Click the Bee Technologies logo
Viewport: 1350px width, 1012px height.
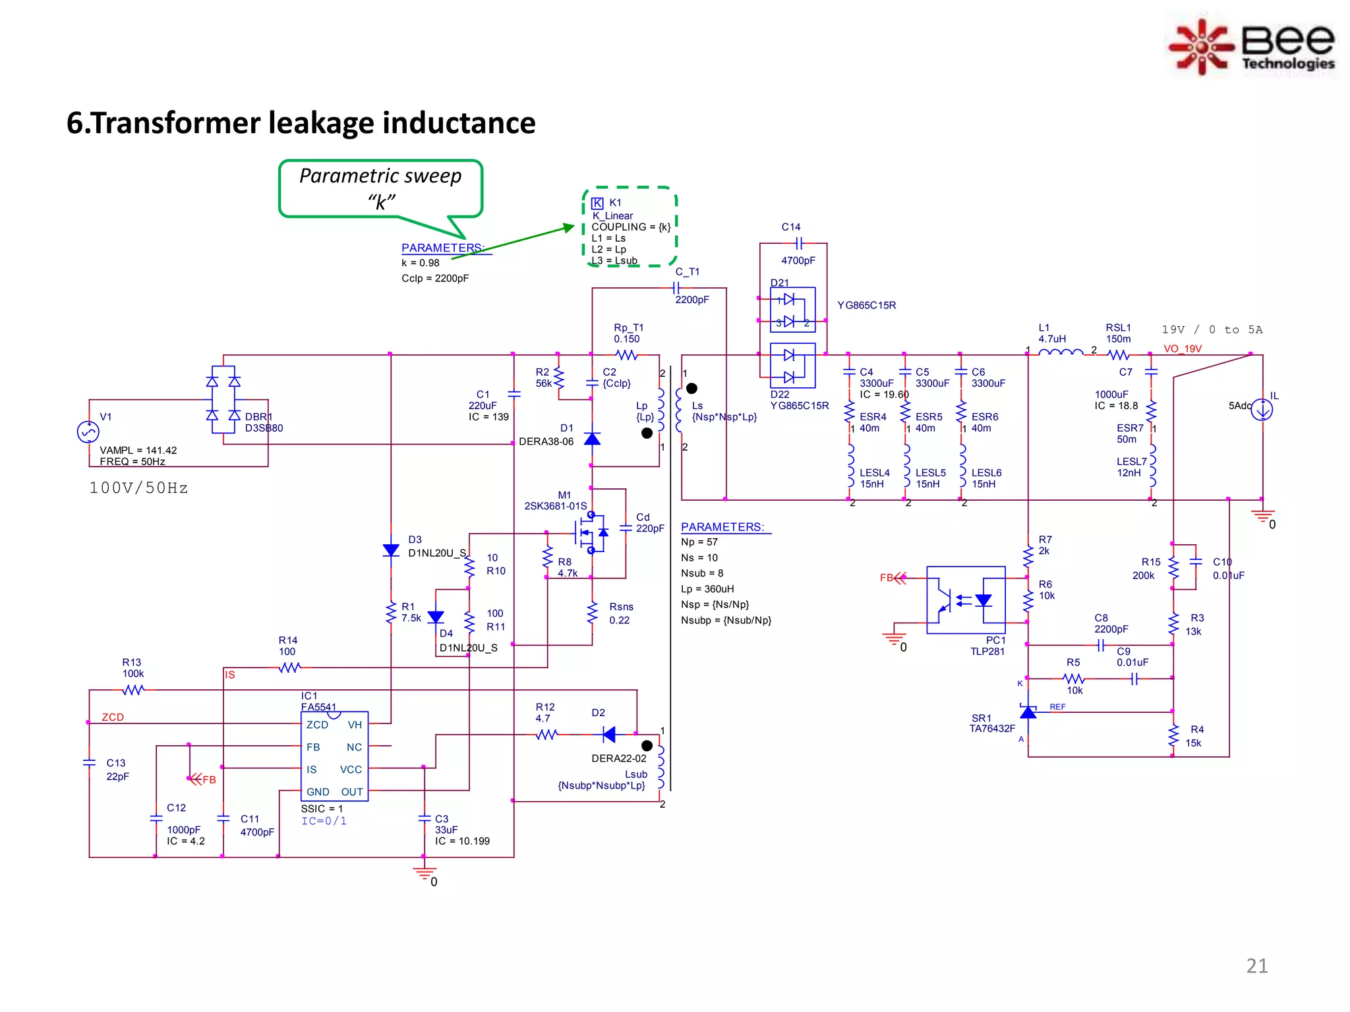click(1251, 46)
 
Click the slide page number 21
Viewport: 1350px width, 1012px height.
click(1256, 966)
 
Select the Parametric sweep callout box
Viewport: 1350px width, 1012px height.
click(380, 188)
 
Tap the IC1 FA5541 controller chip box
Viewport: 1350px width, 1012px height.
click(335, 756)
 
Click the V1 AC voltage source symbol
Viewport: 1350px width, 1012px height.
click(88, 432)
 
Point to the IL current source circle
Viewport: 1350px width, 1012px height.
click(1262, 410)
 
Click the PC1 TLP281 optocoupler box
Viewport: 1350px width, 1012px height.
click(966, 600)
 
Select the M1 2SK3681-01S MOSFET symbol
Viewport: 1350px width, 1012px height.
click(589, 532)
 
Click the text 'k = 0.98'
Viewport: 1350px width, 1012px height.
click(421, 263)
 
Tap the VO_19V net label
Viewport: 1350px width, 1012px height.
click(1182, 349)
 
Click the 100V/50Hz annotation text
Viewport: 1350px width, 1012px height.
click(138, 488)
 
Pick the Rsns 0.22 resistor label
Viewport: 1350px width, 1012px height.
click(620, 613)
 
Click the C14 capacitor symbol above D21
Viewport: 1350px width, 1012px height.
click(798, 243)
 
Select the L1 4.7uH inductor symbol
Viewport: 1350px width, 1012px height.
click(1060, 354)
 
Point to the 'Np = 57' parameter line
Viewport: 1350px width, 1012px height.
click(699, 542)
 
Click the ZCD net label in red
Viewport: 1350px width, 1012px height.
click(113, 717)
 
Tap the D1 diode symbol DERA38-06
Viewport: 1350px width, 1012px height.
click(592, 439)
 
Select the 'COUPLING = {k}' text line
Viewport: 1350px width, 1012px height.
click(630, 227)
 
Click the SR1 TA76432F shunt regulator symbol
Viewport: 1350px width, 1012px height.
click(1028, 712)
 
